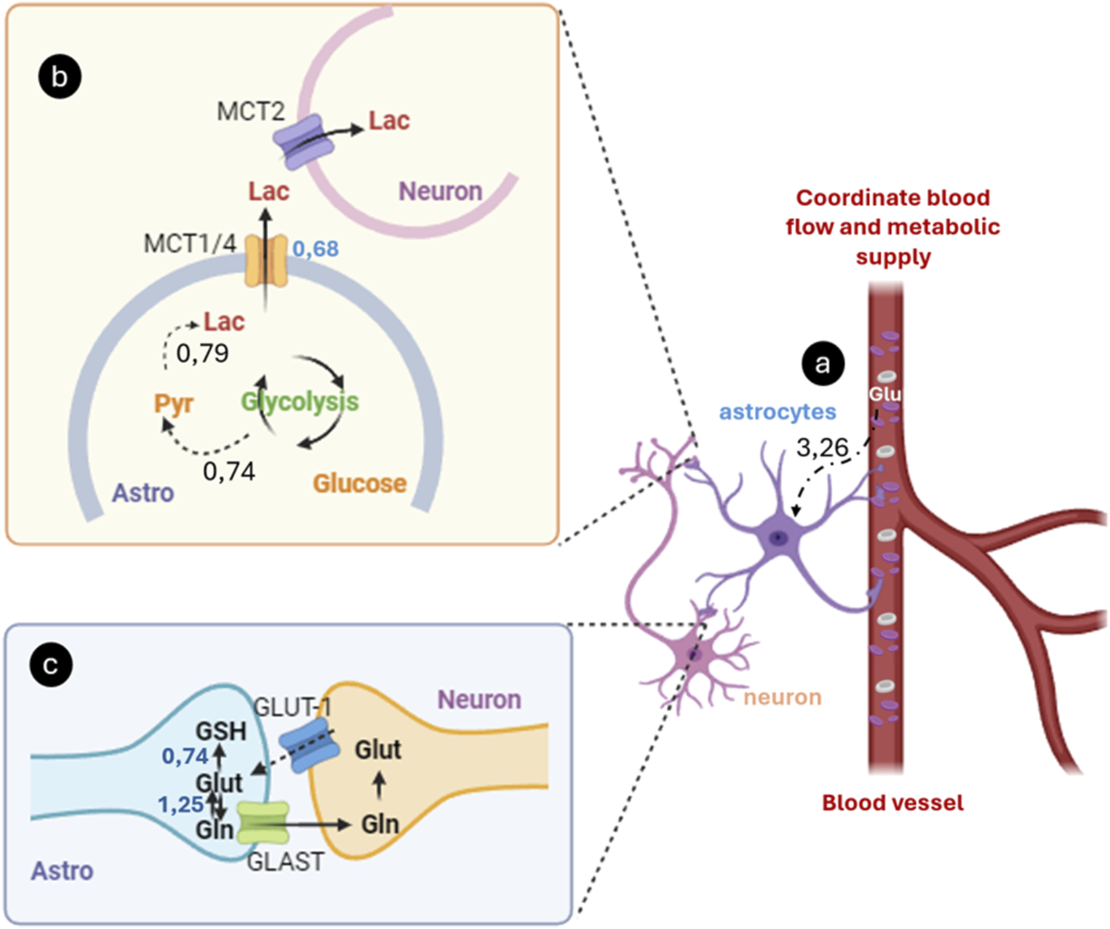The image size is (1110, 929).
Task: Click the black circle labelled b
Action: [x=59, y=76]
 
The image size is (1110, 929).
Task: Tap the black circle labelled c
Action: [x=50, y=665]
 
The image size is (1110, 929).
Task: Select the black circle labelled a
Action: [x=822, y=363]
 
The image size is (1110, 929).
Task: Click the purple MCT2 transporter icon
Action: [x=303, y=142]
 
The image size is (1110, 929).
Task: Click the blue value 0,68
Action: [x=316, y=248]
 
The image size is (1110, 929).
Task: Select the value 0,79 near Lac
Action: [x=202, y=353]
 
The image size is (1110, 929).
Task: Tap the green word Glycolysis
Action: [x=300, y=401]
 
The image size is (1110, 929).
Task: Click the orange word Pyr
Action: [x=173, y=403]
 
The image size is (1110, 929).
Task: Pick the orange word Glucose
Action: [x=359, y=484]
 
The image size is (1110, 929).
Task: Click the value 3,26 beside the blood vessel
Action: [x=822, y=448]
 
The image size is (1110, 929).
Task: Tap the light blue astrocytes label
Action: [x=778, y=412]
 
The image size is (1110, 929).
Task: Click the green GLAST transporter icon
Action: [x=263, y=822]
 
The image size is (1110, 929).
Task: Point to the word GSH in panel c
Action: [x=221, y=731]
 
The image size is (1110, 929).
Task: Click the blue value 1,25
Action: [x=180, y=804]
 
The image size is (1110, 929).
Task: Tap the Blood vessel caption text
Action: [x=892, y=802]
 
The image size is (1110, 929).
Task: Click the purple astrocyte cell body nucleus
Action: [x=779, y=537]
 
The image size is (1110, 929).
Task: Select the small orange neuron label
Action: [x=782, y=697]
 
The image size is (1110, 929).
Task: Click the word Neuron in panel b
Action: [x=440, y=191]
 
